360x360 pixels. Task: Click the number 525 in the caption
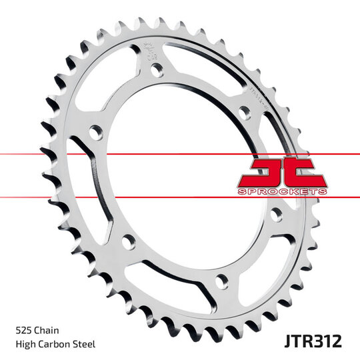point(24,329)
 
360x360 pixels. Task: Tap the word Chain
point(51,329)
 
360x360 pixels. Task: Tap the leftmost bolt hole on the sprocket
point(95,135)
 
